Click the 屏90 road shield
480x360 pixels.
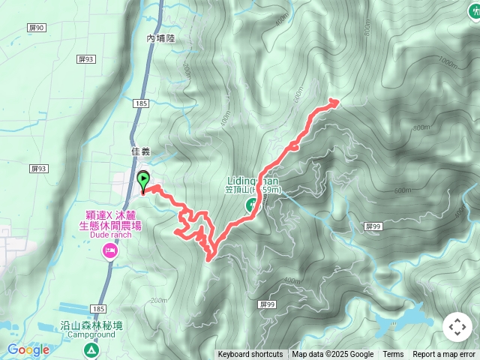click(x=37, y=28)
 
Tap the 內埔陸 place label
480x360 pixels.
click(x=160, y=37)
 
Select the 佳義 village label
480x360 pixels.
click(x=140, y=151)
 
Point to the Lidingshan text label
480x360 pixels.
click(x=253, y=181)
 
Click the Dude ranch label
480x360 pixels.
click(x=110, y=234)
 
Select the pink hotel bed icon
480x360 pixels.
click(x=110, y=250)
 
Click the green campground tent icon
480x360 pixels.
click(x=91, y=349)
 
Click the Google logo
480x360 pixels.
click(x=28, y=349)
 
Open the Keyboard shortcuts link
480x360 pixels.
click(x=250, y=355)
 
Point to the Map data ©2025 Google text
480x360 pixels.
click(x=332, y=355)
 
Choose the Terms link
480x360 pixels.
click(x=393, y=355)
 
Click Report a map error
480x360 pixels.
click(x=445, y=355)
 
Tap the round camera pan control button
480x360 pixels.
click(x=457, y=327)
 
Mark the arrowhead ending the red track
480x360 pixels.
click(x=334, y=101)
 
